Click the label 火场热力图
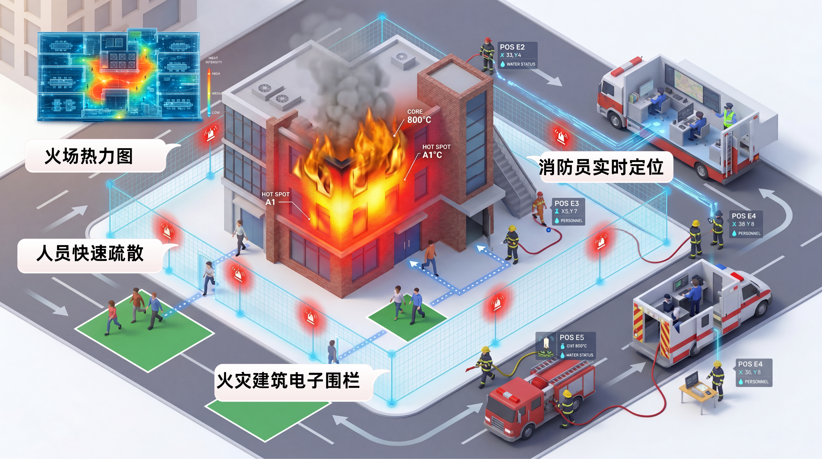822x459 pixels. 89,156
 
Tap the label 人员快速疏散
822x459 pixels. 90,254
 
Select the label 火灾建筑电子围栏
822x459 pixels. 288,381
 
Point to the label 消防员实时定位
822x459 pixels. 601,167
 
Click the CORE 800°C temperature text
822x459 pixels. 419,117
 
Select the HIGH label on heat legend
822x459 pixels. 216,74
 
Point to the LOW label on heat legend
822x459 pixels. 215,113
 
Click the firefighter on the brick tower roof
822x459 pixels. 487,56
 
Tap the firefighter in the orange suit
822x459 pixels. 539,207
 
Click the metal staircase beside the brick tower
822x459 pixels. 514,179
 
